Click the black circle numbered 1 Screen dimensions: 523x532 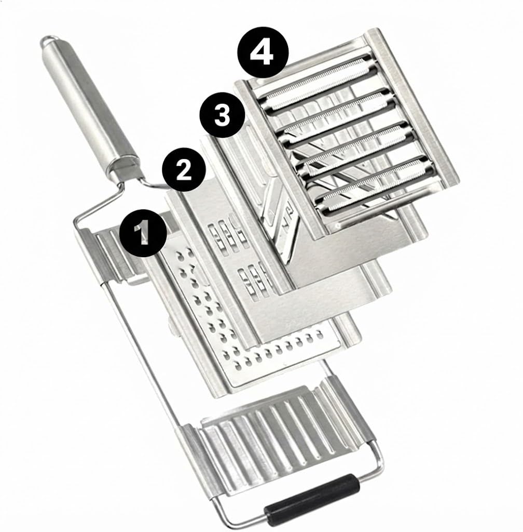click(x=143, y=233)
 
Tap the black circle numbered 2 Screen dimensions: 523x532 click(x=184, y=170)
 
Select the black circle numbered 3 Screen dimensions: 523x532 click(x=222, y=115)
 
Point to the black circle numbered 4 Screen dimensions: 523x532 click(x=263, y=52)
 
